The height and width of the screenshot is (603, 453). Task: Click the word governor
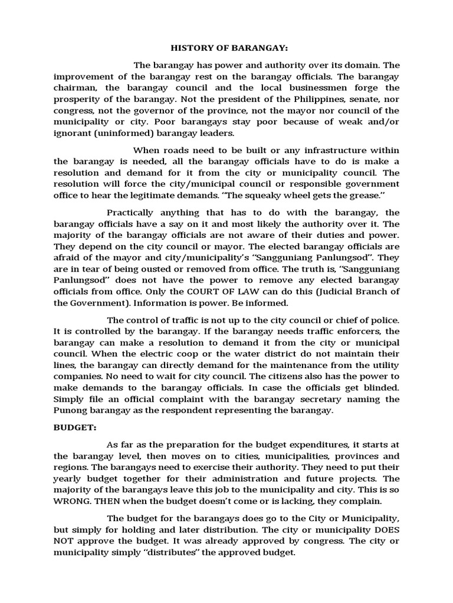coord(158,110)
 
